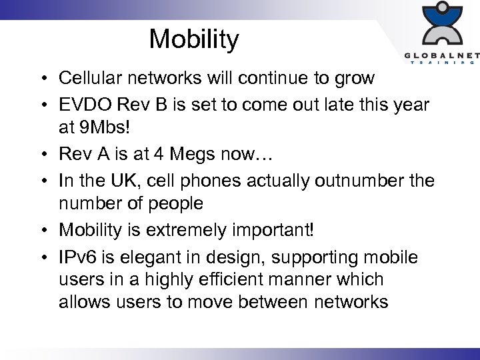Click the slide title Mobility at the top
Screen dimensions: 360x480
(193, 39)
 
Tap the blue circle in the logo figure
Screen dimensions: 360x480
(441, 9)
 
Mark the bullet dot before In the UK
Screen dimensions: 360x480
(41, 181)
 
